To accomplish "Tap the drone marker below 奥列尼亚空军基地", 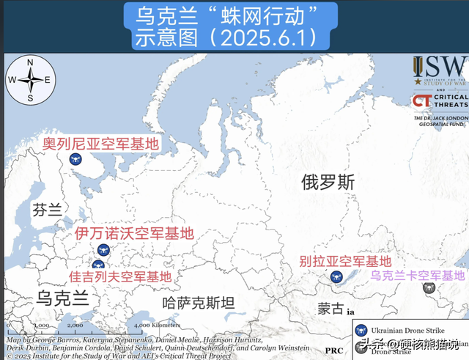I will pos(74,158).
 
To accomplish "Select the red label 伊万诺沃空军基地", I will pos(135,234).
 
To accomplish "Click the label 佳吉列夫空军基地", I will pos(120,276).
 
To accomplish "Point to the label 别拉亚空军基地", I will pos(344,261).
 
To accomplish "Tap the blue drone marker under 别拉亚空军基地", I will pos(336,277).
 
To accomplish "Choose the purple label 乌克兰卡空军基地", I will pos(417,276).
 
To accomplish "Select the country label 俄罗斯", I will pos(328,183).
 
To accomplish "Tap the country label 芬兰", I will pos(47,210).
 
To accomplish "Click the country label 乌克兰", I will pos(62,298).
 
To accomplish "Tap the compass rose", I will pos(30,80).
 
